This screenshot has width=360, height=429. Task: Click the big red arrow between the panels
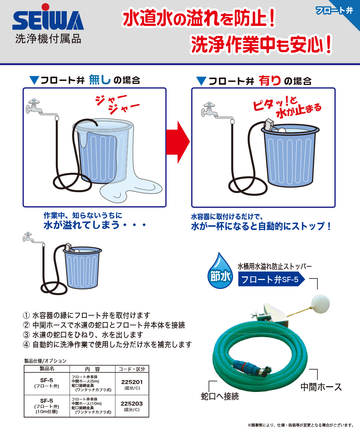coord(178,142)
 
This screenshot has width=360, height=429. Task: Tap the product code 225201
coord(132,382)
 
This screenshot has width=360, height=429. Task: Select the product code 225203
coord(132,403)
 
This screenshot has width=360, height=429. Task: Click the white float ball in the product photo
coord(320,303)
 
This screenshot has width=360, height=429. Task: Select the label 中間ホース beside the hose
coord(321,387)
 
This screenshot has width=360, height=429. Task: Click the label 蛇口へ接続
coord(220,396)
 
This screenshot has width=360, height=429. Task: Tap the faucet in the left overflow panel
coord(34,107)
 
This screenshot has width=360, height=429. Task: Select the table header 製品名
coord(47,369)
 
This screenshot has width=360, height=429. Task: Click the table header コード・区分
coord(132,369)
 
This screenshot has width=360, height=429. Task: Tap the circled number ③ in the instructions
coord(26,335)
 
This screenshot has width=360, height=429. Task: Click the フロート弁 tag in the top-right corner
coord(334,10)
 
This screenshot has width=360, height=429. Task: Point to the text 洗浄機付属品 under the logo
coord(48,39)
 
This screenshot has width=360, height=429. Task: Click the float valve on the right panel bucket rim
coord(271,126)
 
